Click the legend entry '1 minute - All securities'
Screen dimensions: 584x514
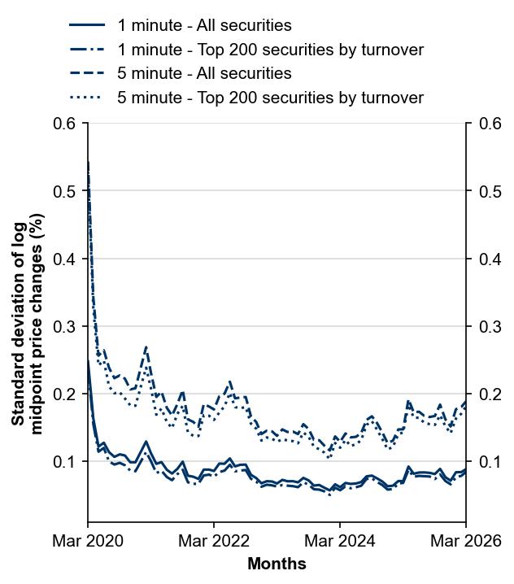[204, 26]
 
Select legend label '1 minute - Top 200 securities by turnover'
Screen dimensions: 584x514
[270, 50]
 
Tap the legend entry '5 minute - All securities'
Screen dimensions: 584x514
[204, 73]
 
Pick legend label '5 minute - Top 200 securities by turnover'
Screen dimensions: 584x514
[270, 98]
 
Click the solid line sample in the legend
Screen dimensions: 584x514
[87, 26]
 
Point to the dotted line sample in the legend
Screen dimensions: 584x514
[87, 98]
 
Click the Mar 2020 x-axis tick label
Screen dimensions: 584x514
[88, 541]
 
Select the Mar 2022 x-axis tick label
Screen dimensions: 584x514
[214, 541]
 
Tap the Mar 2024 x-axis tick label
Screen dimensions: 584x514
[340, 541]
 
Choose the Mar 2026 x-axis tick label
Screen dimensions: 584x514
[466, 541]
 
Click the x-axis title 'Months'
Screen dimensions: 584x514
[277, 564]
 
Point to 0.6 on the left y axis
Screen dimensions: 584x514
[65, 124]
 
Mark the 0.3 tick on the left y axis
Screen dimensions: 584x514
[65, 326]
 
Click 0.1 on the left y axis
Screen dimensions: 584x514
[65, 461]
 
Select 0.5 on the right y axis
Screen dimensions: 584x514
[489, 191]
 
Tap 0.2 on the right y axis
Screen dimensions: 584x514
[489, 394]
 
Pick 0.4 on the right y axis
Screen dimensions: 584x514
[489, 259]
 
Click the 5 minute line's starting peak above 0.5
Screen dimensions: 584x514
[88, 163]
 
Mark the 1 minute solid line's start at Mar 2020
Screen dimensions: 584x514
[88, 360]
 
